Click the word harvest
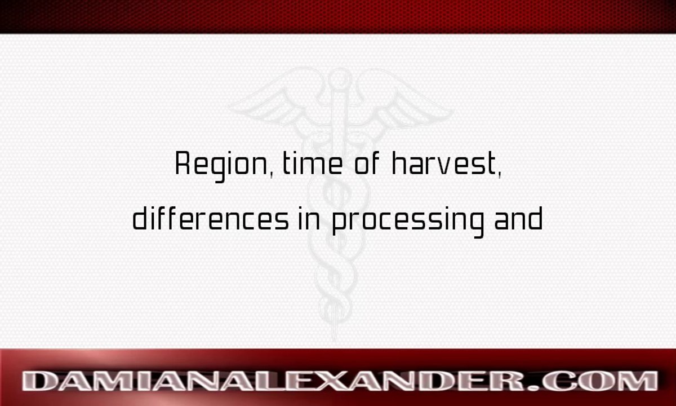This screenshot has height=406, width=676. (444, 164)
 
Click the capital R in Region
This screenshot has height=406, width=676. (182, 164)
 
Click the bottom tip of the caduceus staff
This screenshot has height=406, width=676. (336, 336)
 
